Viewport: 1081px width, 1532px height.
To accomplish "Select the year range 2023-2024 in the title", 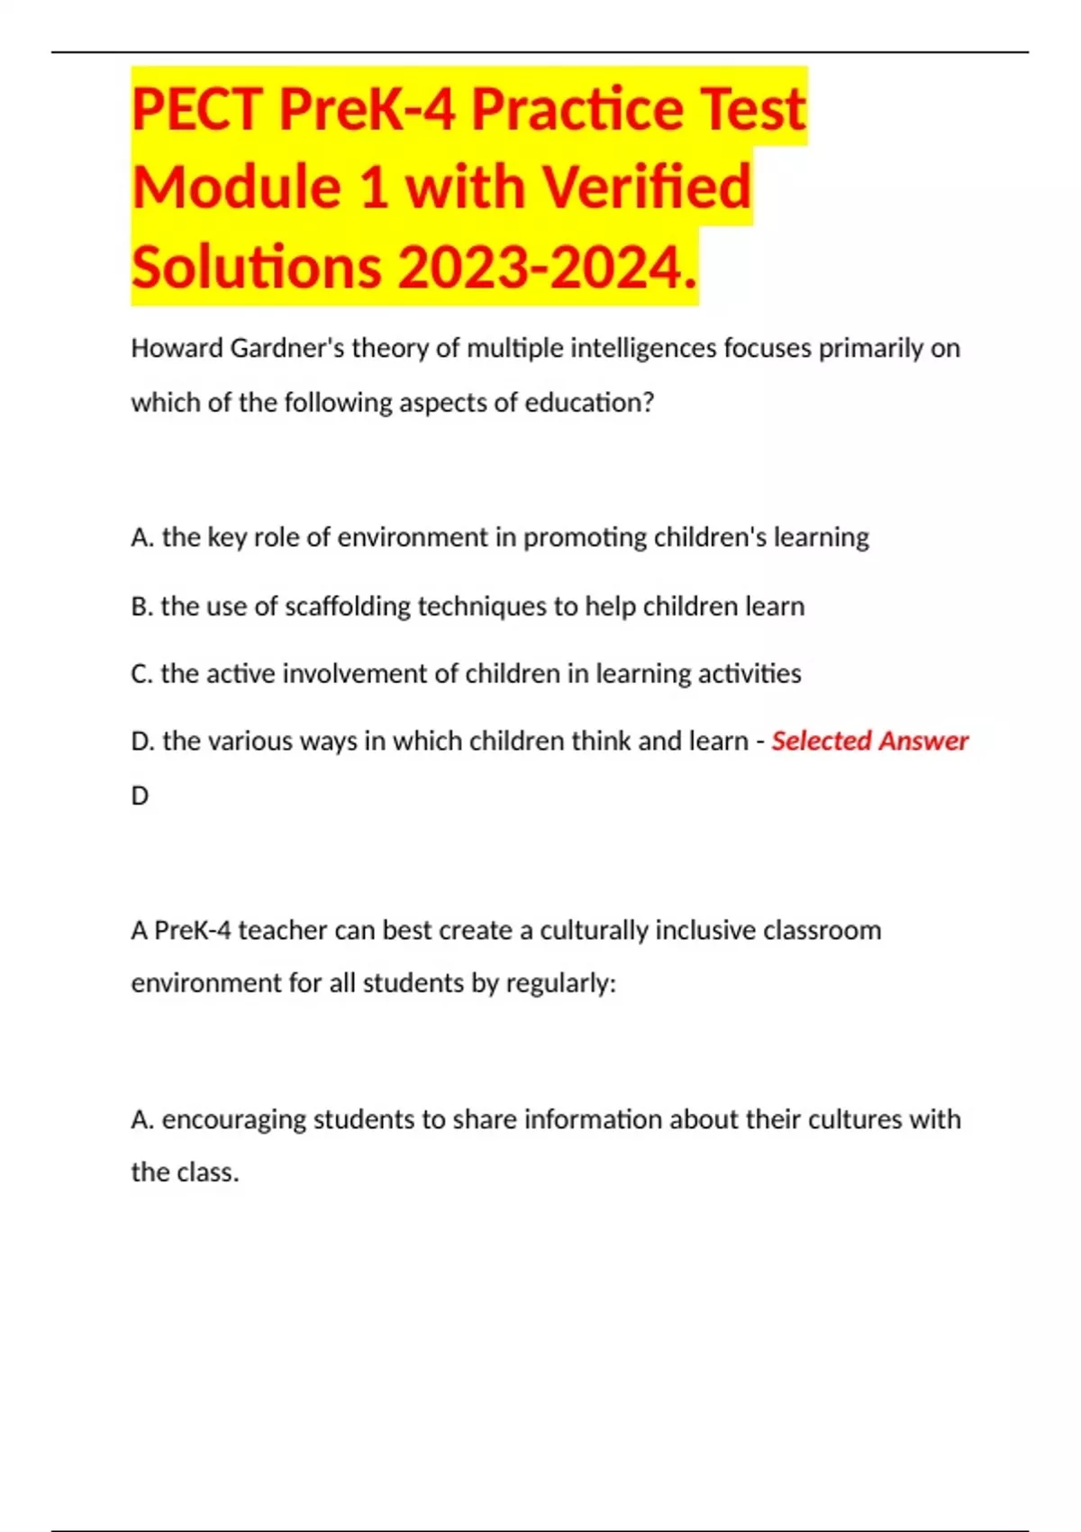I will tap(540, 268).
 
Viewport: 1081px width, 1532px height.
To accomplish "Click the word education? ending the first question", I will tap(589, 402).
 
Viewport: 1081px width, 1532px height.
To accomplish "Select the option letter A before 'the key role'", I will tap(141, 537).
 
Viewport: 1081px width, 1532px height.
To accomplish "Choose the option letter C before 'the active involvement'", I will tap(141, 674).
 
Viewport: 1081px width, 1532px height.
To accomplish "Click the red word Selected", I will tap(821, 741).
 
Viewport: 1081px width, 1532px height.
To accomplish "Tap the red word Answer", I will tap(924, 741).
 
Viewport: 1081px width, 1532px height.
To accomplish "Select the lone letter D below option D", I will tap(140, 796).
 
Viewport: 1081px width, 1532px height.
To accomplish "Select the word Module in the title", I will tap(236, 187).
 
